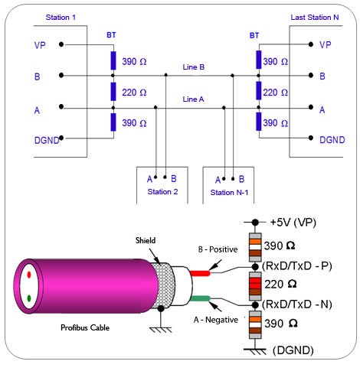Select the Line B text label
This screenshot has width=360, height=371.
click(x=193, y=67)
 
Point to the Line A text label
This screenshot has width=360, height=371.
click(x=193, y=99)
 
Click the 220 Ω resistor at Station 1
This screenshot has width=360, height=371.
click(x=113, y=92)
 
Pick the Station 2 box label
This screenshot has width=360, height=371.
click(x=162, y=191)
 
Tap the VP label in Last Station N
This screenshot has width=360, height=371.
click(x=326, y=44)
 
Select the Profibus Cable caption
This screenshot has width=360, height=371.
click(x=86, y=328)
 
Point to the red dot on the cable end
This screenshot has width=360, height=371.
click(x=30, y=272)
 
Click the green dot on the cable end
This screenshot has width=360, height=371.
click(x=30, y=298)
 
